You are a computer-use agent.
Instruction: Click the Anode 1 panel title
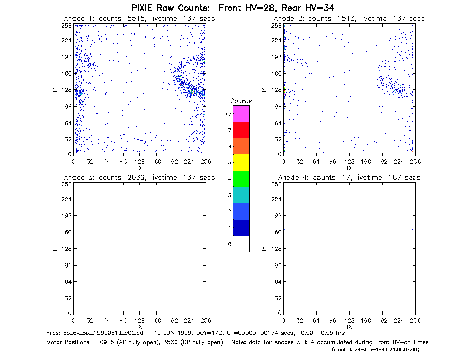click(x=139, y=19)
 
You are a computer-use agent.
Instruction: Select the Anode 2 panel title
click(x=349, y=19)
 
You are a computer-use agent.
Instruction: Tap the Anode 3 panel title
click(x=139, y=178)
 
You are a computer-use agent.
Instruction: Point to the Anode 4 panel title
click(x=349, y=178)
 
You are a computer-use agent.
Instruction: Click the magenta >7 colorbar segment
click(x=241, y=113)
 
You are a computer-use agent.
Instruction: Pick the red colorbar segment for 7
click(x=241, y=130)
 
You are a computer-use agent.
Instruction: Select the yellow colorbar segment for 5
click(x=241, y=162)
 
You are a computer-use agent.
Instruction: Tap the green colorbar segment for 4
click(x=241, y=179)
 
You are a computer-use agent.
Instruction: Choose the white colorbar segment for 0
click(x=241, y=244)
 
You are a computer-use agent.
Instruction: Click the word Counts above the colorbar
click(x=241, y=101)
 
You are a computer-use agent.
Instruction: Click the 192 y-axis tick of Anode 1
click(x=67, y=57)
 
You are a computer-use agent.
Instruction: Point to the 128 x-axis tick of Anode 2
click(x=349, y=162)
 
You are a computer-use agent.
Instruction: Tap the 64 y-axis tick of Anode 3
click(x=69, y=281)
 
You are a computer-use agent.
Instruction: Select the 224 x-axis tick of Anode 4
click(x=399, y=321)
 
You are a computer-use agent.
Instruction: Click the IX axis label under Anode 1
click(x=140, y=168)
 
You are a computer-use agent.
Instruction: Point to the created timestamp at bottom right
click(x=375, y=350)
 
